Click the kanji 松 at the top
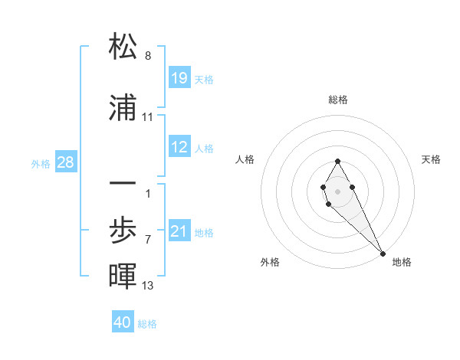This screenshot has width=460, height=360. pos(123,47)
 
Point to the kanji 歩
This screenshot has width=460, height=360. pos(123,231)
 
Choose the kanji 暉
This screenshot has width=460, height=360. pos(123,277)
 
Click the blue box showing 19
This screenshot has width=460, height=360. pos(179,78)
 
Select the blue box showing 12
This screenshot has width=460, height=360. pos(179,147)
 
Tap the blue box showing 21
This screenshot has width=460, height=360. pos(179,231)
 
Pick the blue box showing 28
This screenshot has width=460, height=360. pos(64,162)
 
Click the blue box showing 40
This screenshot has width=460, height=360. pos(123,322)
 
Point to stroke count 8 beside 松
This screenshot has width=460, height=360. pos(148,56)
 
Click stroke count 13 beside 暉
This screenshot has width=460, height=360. pos(148,286)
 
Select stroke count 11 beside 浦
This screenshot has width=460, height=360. pos(148,117)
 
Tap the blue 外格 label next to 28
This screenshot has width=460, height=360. pos(41,163)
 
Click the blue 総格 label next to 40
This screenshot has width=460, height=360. pos(147,324)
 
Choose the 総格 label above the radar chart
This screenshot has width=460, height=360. pos(338,100)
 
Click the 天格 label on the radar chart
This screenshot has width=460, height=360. pos(432,159)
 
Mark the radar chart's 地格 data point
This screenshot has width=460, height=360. pos(383,253)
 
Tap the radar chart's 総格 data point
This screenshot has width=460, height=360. pos(337,161)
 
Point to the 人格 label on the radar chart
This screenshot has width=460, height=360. pos(245,159)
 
